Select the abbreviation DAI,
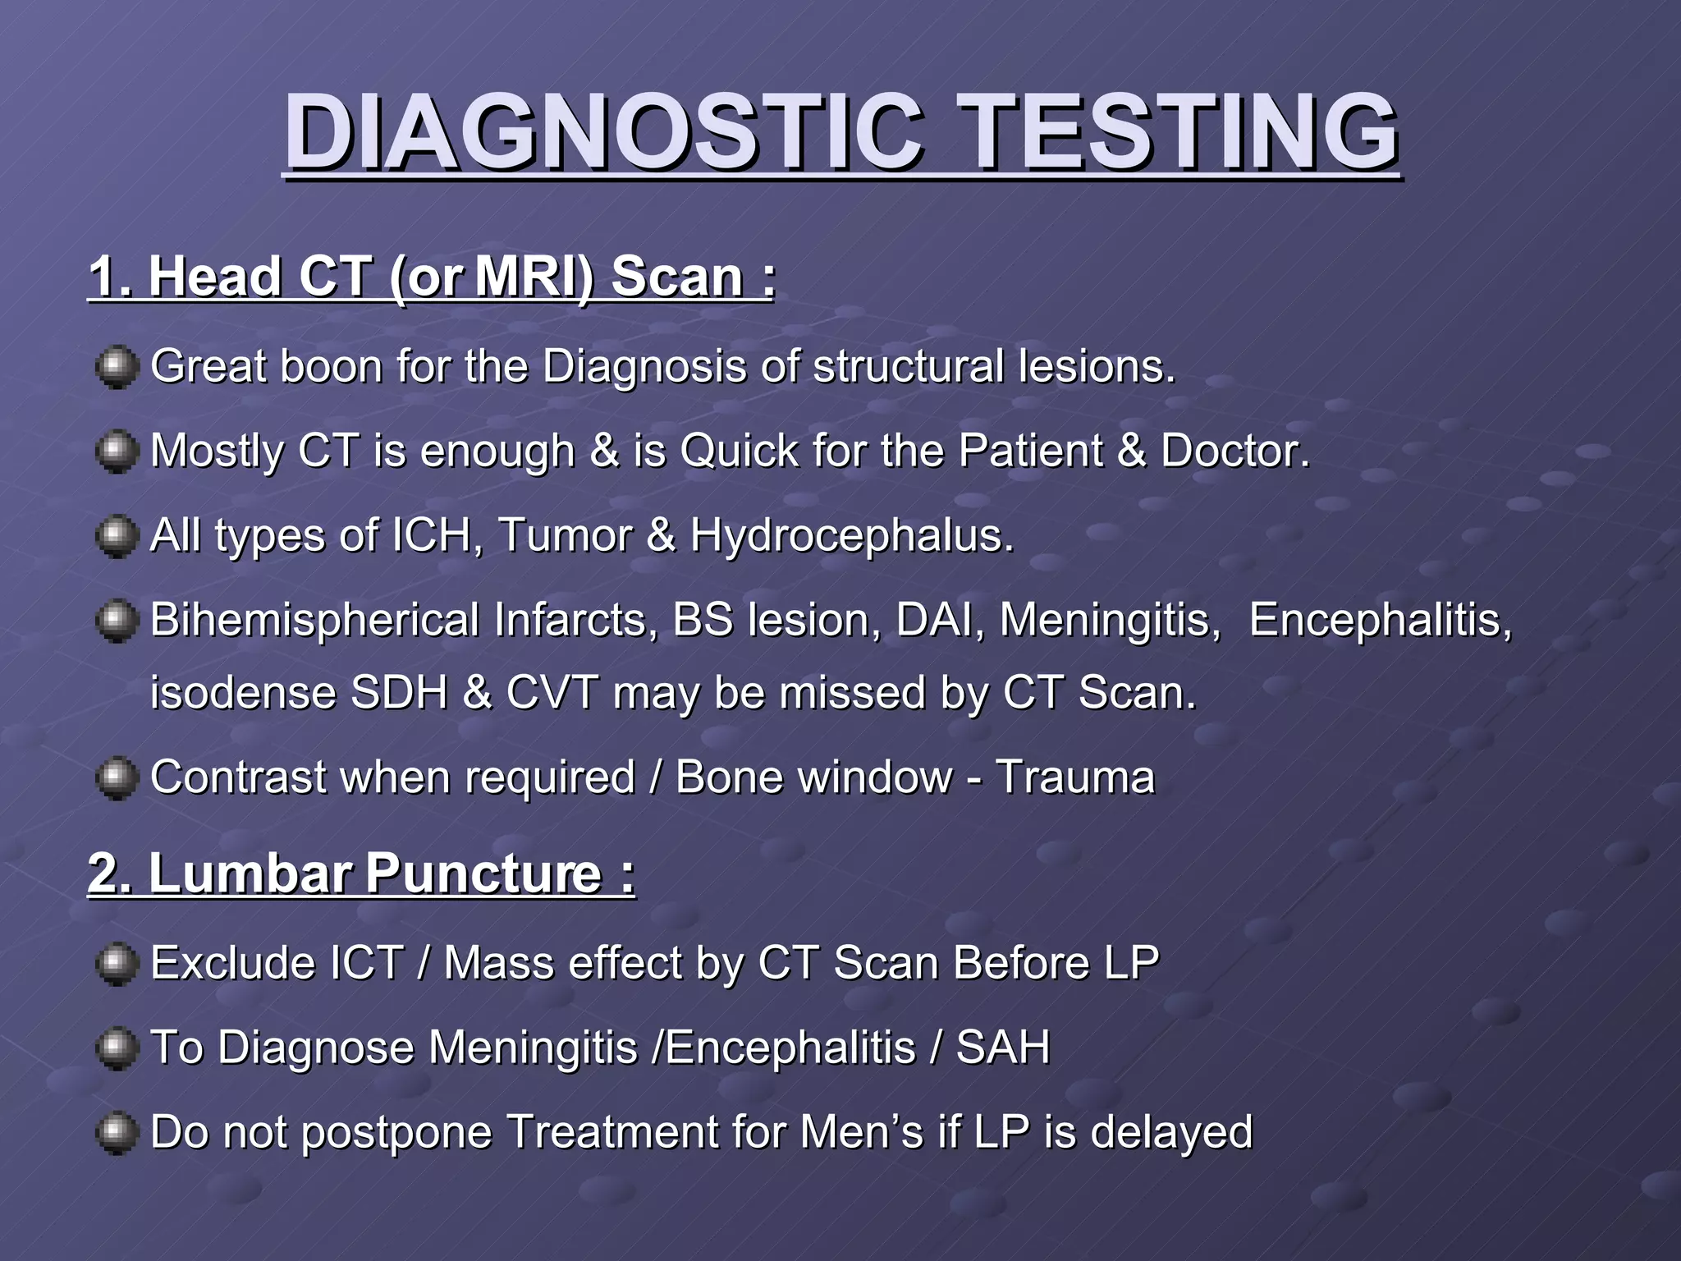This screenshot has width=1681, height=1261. click(940, 620)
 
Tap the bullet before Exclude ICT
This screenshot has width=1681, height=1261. click(117, 964)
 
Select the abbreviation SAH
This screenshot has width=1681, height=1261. click(1003, 1048)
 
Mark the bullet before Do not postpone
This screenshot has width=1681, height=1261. click(117, 1133)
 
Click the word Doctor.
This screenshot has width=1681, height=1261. click(1234, 451)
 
